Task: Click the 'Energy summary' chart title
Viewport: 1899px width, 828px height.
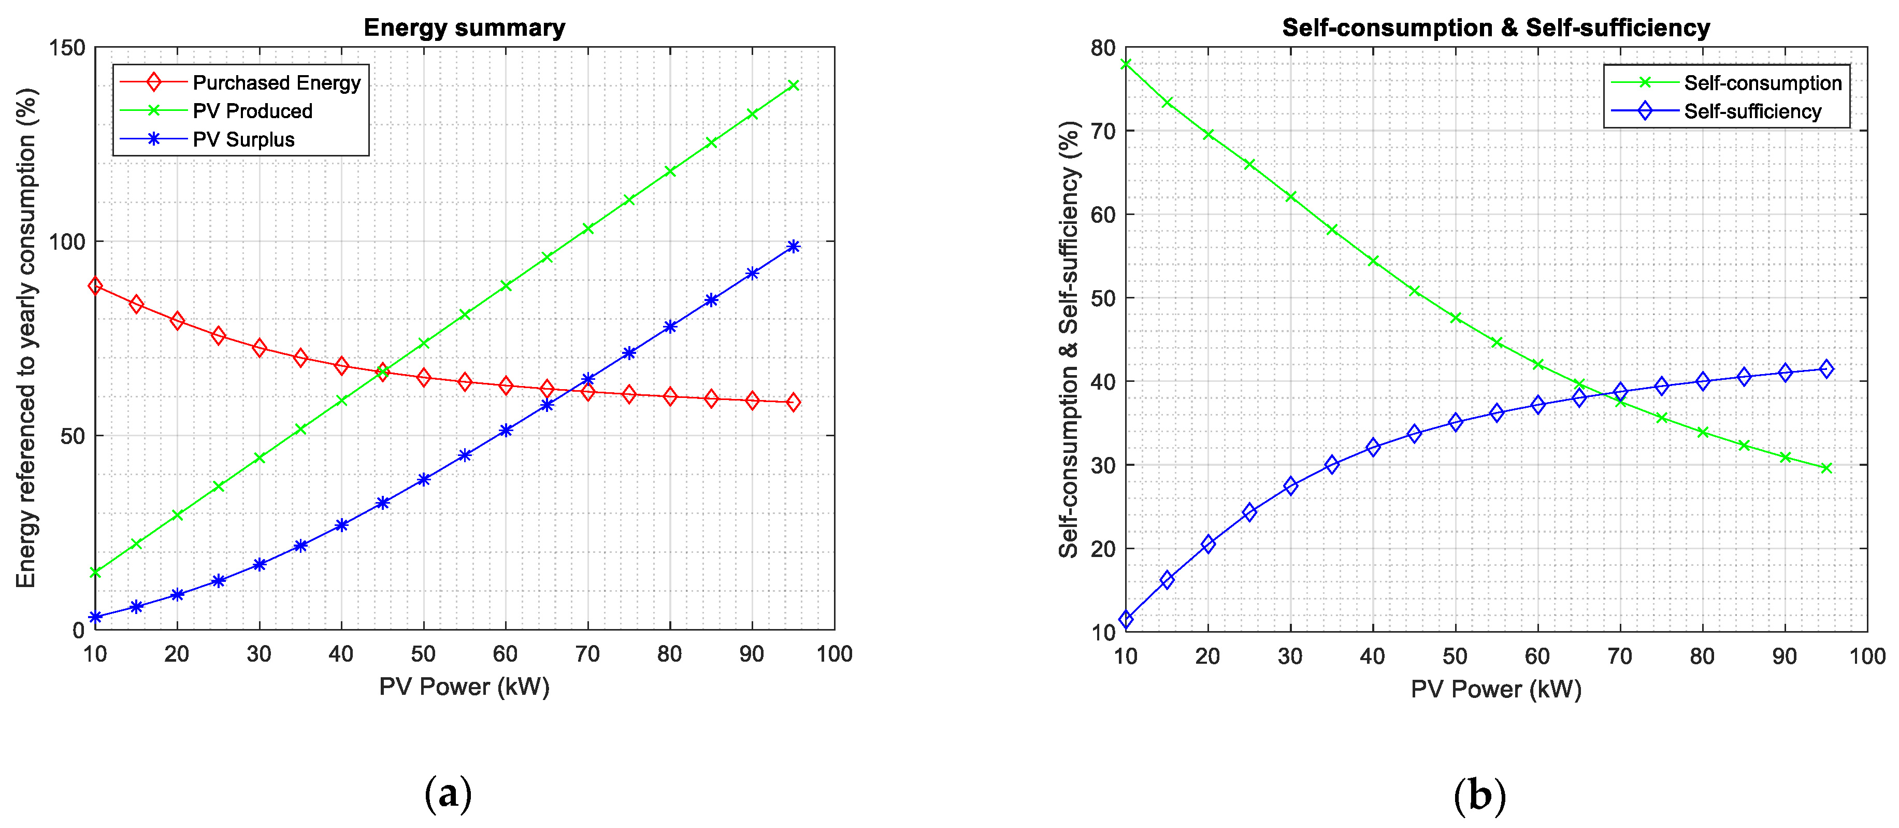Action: click(465, 28)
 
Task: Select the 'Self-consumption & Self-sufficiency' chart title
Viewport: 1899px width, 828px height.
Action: click(1496, 28)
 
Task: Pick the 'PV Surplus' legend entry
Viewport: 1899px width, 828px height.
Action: click(243, 139)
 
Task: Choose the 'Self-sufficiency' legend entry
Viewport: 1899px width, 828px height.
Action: click(1752, 111)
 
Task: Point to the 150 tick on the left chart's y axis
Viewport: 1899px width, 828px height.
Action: click(67, 48)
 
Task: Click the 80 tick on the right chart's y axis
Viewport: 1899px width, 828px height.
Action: click(1103, 48)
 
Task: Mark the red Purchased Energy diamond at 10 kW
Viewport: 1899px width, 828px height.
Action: click(95, 285)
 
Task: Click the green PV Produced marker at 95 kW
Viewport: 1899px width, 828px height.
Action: click(793, 85)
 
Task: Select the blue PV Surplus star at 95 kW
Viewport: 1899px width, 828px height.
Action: click(793, 246)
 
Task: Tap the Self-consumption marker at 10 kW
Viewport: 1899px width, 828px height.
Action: click(1126, 64)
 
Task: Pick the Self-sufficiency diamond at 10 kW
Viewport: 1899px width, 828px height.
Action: click(1126, 619)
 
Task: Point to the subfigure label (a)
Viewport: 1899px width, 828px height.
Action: click(448, 795)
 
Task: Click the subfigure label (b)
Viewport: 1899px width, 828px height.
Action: click(1479, 795)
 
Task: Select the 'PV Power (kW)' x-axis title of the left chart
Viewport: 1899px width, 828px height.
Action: click(465, 687)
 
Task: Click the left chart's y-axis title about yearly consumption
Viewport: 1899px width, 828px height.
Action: click(26, 338)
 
